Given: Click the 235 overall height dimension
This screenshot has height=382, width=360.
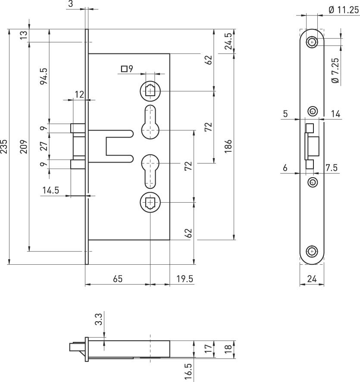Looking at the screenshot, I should pos(4,147).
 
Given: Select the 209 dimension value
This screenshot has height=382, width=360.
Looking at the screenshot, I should pos(24,147).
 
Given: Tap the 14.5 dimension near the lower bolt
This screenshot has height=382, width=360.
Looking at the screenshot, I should pos(50,190).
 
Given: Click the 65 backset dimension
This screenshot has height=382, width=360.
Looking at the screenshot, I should pos(118,279).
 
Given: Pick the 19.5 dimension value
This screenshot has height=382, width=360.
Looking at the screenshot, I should pos(185,279).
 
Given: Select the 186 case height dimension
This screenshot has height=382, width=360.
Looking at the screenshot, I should pos(229,147).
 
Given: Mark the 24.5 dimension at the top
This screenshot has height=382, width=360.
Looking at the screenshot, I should pos(229,41).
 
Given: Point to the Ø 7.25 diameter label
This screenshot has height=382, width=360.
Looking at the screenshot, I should pos(335,71).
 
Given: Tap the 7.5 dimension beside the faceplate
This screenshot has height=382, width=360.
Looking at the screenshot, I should pos(332,168).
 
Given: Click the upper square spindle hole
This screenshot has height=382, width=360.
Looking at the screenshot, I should pos(150,91).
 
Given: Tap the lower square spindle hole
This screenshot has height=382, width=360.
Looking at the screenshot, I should pos(150,202).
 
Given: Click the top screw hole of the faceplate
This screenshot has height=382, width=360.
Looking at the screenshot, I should pos(311,42).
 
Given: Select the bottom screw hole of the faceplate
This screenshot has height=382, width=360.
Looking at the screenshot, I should pos(311,252).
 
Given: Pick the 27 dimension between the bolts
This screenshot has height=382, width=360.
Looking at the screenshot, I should pos(44,147).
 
